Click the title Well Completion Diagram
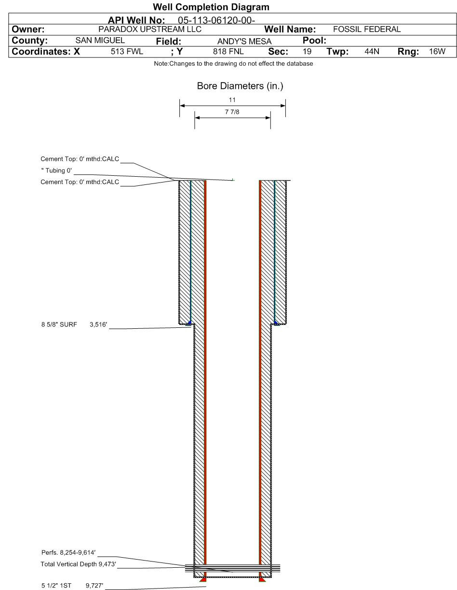(x=211, y=7)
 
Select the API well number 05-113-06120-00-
(x=216, y=20)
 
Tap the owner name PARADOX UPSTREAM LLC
(x=150, y=29)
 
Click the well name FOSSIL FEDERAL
(x=367, y=29)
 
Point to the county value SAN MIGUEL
(x=100, y=41)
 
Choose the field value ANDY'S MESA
(x=244, y=41)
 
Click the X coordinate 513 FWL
(x=127, y=52)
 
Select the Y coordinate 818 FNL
(x=228, y=52)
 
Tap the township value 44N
(x=372, y=52)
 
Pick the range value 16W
(x=437, y=52)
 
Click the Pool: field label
(x=314, y=41)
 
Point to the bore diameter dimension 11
(x=232, y=100)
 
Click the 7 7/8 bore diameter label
(x=232, y=112)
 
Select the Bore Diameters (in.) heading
(x=240, y=86)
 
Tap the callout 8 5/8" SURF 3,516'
(x=74, y=324)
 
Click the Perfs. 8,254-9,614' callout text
(x=68, y=552)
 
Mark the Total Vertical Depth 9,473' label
(x=78, y=564)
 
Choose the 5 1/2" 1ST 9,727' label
(x=72, y=586)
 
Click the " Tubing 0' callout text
(x=56, y=170)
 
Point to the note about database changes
(x=233, y=64)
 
